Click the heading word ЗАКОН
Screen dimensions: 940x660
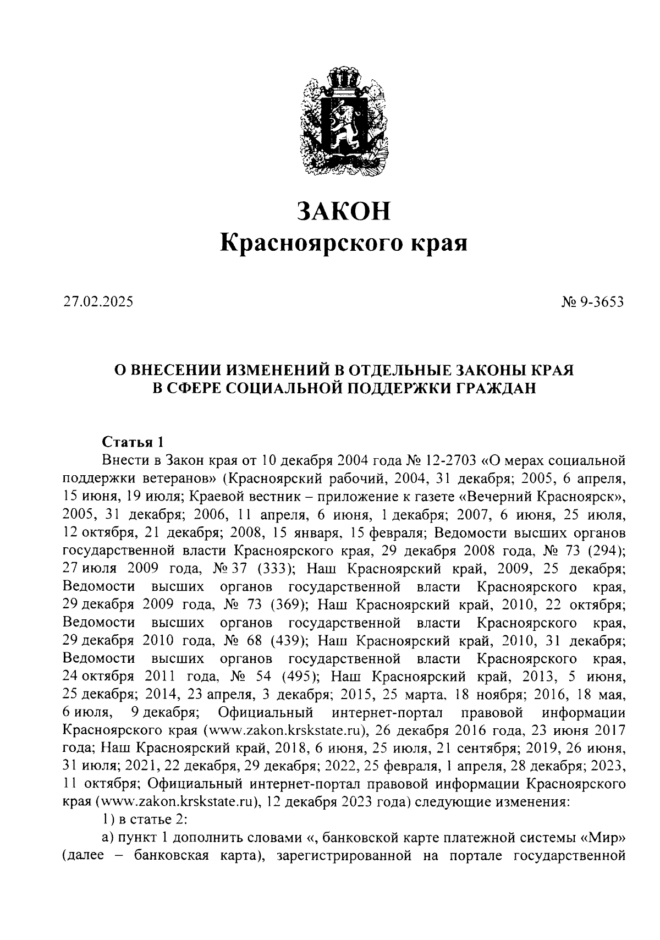pyautogui.click(x=344, y=211)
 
